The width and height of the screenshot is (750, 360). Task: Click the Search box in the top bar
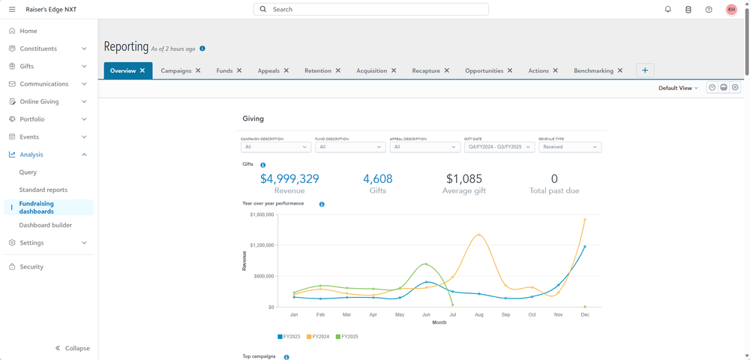[x=370, y=10]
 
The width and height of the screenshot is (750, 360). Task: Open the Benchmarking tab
[x=593, y=70]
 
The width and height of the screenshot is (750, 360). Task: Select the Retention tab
[x=317, y=70]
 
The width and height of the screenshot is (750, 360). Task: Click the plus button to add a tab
[x=645, y=70]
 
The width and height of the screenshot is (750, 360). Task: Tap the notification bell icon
[x=668, y=10]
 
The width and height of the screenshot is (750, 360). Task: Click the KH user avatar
[x=731, y=10]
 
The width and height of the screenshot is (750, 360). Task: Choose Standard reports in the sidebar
[x=43, y=190]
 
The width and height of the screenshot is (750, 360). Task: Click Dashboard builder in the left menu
[x=45, y=225]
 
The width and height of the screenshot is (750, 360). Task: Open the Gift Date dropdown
[x=499, y=147]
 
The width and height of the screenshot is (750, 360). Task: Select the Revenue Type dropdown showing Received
[x=569, y=147]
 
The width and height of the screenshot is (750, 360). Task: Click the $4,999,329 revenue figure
[x=289, y=178]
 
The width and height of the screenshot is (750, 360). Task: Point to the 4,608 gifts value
[x=377, y=178]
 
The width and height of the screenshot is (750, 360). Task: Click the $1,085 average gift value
[x=463, y=178]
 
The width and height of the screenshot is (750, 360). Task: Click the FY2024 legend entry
[x=319, y=337]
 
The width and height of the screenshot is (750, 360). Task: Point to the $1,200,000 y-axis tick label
[x=260, y=245]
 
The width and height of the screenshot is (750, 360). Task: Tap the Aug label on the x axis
[x=478, y=315]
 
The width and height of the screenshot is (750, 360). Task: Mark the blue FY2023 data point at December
[x=584, y=246]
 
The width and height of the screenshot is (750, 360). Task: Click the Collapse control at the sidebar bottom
[x=73, y=348]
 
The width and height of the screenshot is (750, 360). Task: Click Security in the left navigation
[x=31, y=267]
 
